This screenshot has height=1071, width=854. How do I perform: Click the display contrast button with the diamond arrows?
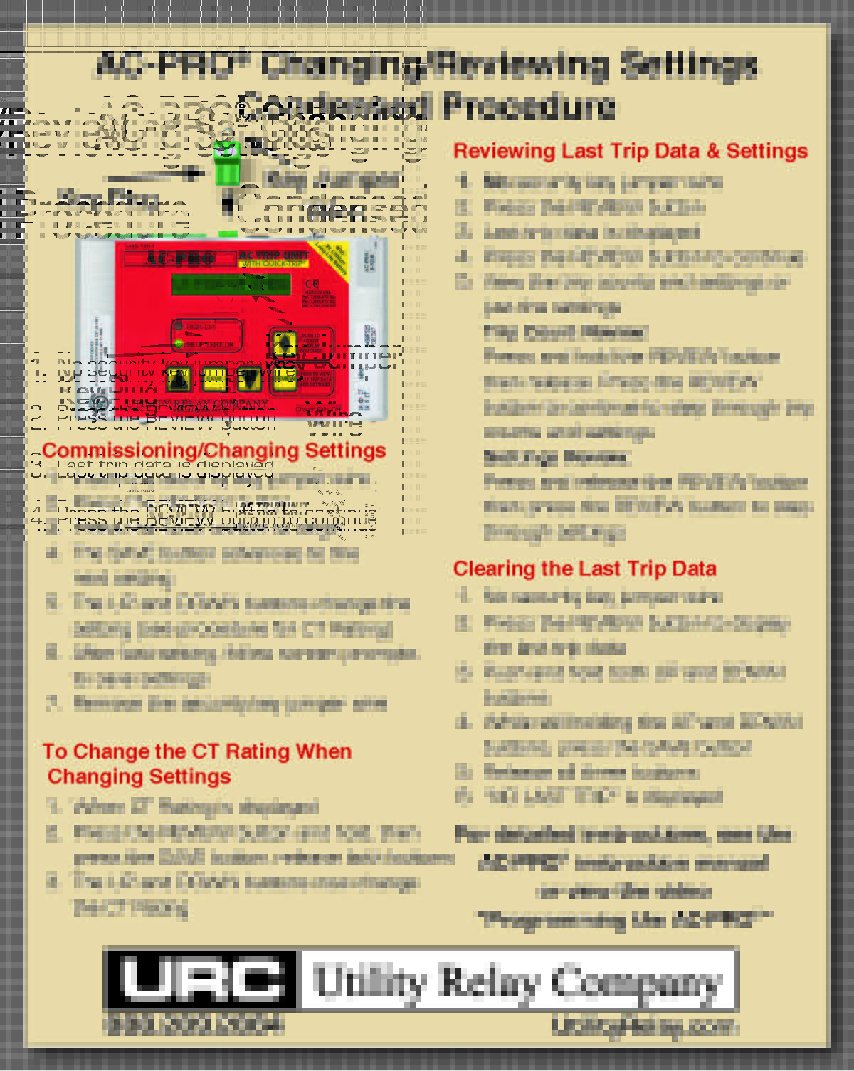click(x=284, y=344)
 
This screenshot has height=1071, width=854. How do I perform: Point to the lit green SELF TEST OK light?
click(x=179, y=344)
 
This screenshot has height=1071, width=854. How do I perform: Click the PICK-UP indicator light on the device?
click(x=179, y=327)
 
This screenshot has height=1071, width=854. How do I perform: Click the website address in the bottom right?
click(x=644, y=1026)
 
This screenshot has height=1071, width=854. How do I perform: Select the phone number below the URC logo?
click(x=194, y=1025)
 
